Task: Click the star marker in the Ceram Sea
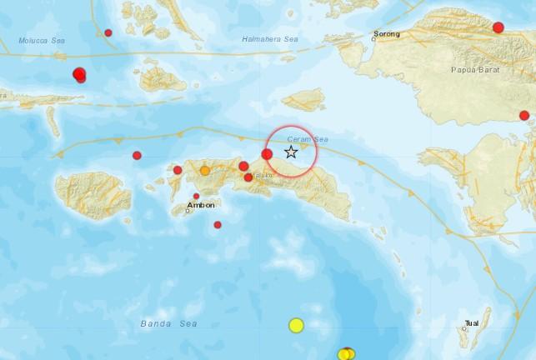[291, 152]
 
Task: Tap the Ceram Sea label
[303, 139]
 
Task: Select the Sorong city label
[388, 34]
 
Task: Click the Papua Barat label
[475, 71]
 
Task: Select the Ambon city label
[202, 204]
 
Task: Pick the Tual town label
[472, 322]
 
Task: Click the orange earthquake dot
[205, 171]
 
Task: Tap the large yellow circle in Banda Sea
[296, 325]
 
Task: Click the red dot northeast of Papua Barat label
[498, 27]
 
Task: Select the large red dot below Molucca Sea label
[79, 74]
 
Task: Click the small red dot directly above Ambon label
[197, 197]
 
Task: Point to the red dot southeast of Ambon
[218, 224]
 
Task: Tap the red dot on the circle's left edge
[267, 154]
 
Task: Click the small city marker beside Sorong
[374, 38]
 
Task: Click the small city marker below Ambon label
[188, 210]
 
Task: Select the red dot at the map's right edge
[524, 116]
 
